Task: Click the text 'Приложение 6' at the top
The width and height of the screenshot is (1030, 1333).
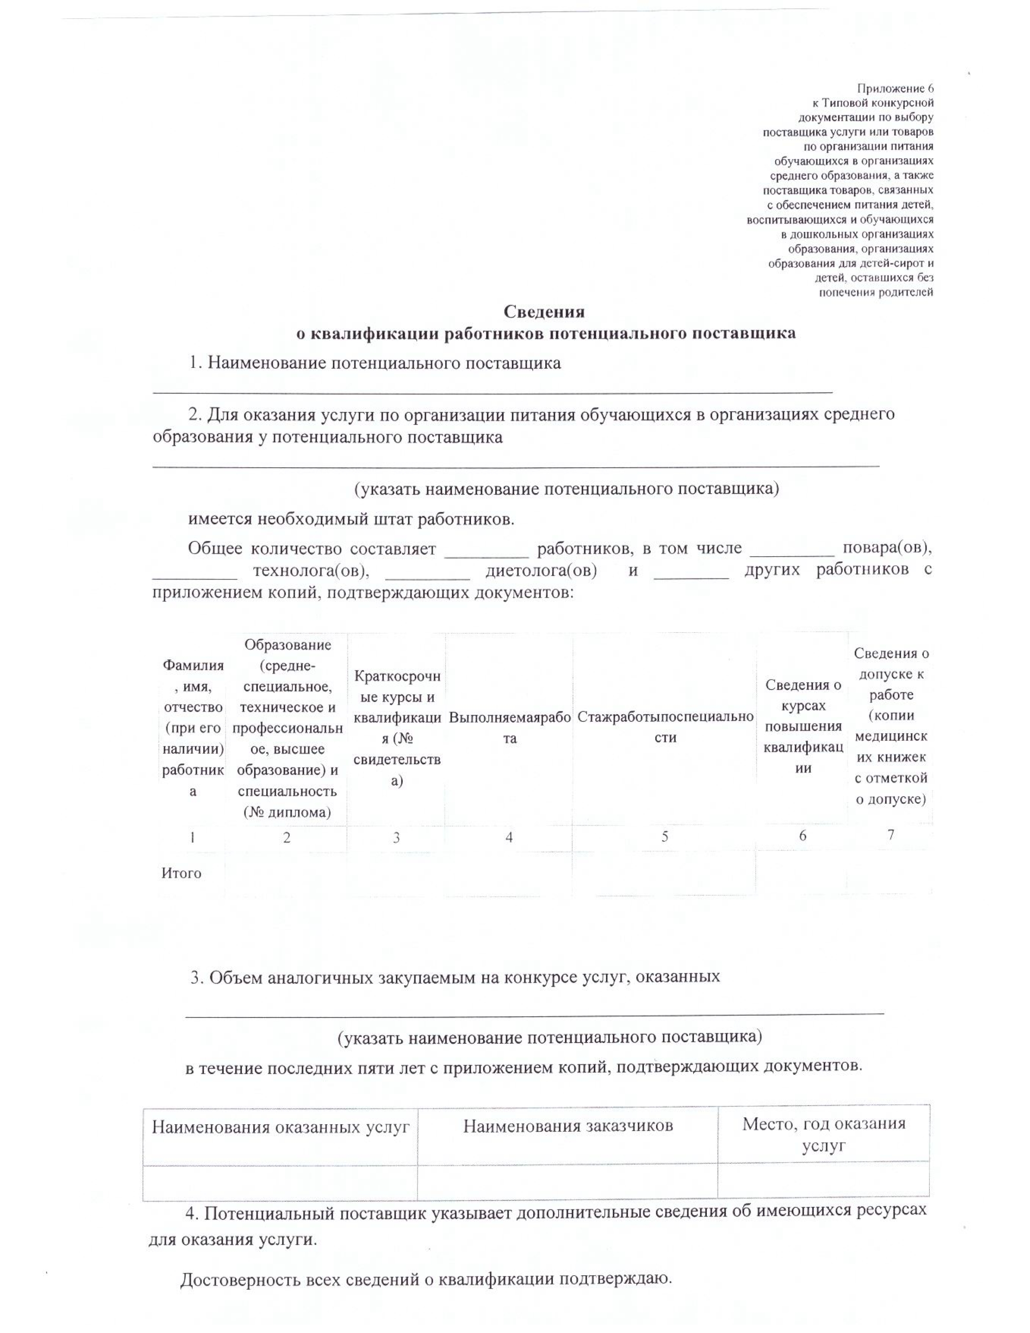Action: [895, 88]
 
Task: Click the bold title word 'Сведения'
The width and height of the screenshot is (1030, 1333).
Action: [544, 312]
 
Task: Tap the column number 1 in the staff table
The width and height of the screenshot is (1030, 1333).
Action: [192, 837]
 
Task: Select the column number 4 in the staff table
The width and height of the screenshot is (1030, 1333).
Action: [509, 837]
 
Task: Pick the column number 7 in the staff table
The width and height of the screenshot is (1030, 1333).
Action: [891, 835]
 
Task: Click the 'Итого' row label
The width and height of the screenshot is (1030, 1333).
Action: [181, 873]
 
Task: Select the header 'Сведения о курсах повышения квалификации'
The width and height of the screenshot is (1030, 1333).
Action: [803, 726]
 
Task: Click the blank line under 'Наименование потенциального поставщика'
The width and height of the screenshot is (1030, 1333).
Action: [492, 389]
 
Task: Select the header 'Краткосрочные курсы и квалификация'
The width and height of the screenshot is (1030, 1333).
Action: [397, 727]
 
